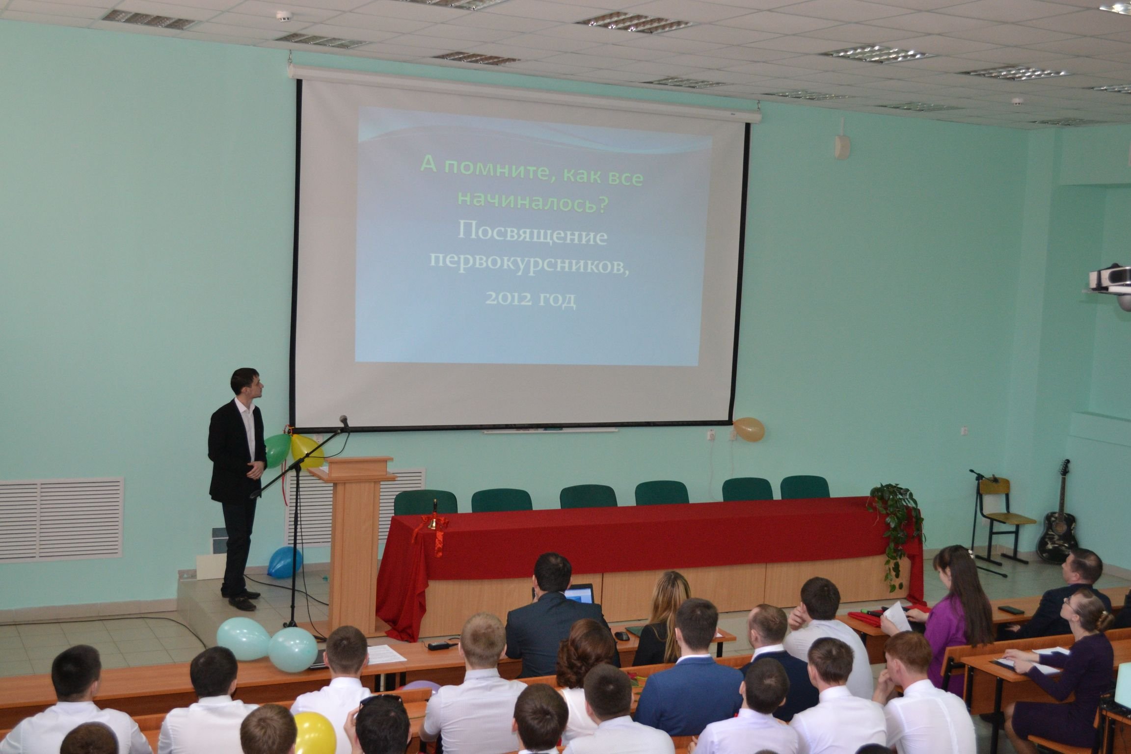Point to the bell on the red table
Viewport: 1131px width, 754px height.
click(433, 521)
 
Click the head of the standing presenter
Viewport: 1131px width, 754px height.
click(249, 382)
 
